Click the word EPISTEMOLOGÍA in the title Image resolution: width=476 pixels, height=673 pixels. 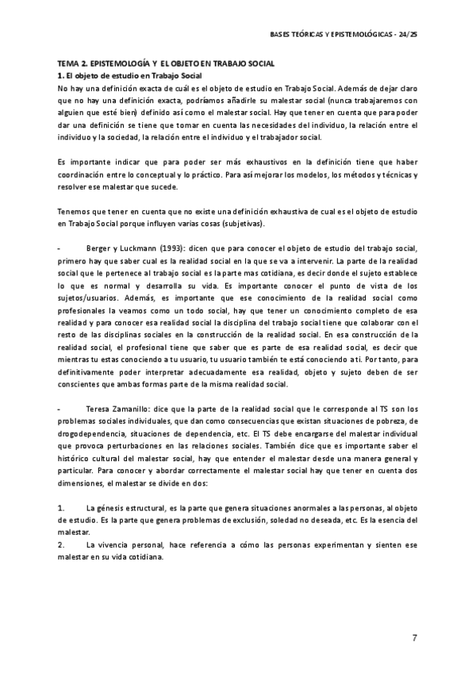click(119, 63)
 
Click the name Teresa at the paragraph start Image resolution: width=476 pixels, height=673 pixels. click(100, 408)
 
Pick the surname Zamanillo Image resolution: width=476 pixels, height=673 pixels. click(136, 408)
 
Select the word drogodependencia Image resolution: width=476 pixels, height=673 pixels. click(90, 434)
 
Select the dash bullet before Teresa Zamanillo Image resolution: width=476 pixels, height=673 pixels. click(60, 408)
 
